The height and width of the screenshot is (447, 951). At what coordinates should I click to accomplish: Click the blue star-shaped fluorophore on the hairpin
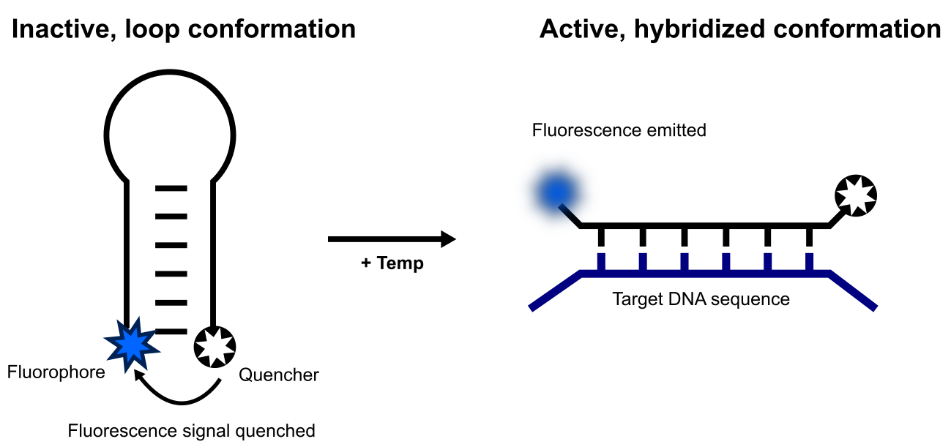tap(130, 342)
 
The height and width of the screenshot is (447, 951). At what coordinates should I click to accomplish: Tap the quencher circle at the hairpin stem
tap(215, 347)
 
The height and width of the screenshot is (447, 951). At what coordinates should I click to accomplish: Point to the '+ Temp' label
tap(392, 263)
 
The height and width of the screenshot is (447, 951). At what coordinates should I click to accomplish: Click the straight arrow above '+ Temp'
tap(392, 239)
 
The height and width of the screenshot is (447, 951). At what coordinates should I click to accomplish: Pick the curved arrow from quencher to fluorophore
tap(176, 396)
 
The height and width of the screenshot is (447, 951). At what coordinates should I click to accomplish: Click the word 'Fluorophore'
tap(56, 372)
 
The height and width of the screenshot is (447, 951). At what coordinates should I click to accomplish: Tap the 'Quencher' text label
tap(279, 375)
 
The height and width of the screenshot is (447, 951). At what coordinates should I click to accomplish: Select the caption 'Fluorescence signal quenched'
tap(191, 430)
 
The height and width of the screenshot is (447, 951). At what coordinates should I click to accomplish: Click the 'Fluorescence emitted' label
tap(619, 131)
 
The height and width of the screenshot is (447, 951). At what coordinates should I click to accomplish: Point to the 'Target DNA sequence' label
tap(701, 299)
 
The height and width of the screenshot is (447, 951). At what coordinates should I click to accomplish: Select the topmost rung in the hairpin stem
tap(171, 189)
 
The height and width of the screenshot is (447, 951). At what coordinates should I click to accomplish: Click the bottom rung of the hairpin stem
tap(171, 331)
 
